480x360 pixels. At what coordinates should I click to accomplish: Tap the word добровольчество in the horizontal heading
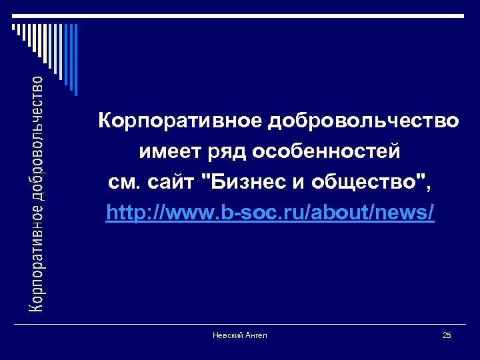point(364,121)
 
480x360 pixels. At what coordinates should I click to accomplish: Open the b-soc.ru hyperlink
point(270,213)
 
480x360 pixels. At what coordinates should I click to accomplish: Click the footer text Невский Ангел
point(239,335)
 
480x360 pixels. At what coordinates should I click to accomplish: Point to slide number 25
point(447,335)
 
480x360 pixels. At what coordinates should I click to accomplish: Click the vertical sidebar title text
point(38,193)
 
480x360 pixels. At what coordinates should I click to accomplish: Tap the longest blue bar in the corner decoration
point(75,60)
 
